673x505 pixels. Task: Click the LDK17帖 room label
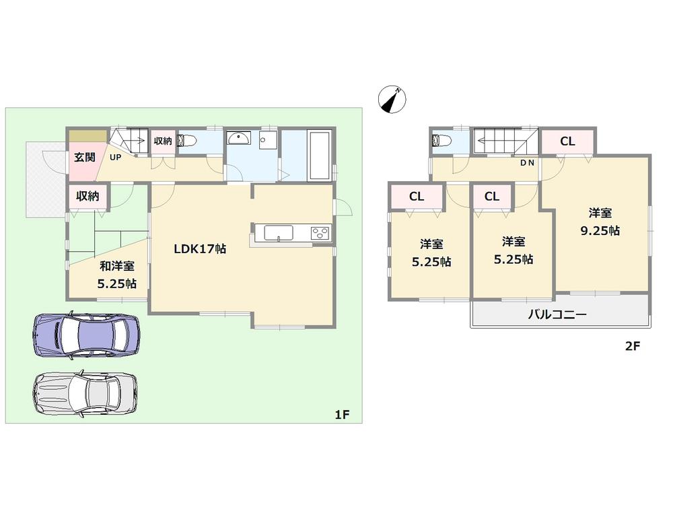click(x=200, y=248)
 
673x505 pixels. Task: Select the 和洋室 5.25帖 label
click(x=116, y=275)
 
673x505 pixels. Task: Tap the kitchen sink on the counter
click(x=278, y=233)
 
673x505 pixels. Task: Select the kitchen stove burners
click(x=320, y=234)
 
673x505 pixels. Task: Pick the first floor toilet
click(x=189, y=141)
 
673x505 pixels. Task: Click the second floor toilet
click(x=443, y=141)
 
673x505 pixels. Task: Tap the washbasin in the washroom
click(x=238, y=139)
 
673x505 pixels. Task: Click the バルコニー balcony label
click(x=557, y=314)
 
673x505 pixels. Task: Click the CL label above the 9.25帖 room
click(x=567, y=141)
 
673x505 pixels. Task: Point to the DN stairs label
click(x=527, y=164)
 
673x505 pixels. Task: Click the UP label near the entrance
click(x=116, y=157)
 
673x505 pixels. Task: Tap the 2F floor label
click(x=631, y=347)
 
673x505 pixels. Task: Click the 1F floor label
click(x=342, y=415)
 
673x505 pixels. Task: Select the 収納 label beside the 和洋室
click(x=87, y=197)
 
